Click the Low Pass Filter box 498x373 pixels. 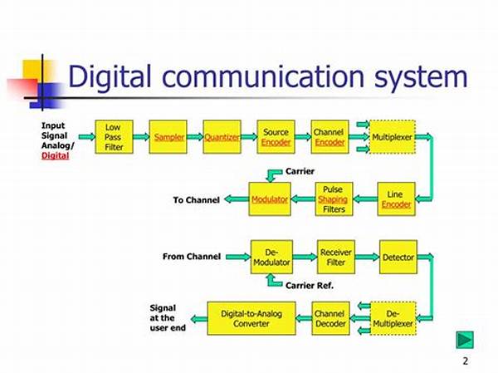[x=114, y=137]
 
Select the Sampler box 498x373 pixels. [x=168, y=137]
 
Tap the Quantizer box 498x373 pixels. [x=222, y=137]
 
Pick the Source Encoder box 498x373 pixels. [x=276, y=137]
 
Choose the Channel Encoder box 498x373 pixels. [x=330, y=137]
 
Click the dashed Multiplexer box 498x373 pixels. [x=393, y=137]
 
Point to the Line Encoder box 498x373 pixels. [x=397, y=199]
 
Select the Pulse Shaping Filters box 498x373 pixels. [x=334, y=199]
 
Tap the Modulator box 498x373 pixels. [x=270, y=199]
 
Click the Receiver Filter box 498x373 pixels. [x=336, y=257]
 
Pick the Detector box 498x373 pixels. [x=398, y=257]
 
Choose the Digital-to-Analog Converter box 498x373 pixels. [x=251, y=318]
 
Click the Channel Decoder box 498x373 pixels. [x=330, y=318]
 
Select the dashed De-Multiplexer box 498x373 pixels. [x=393, y=318]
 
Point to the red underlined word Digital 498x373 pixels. [x=56, y=156]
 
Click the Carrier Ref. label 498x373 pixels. [x=310, y=286]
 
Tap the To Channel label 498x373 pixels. [x=196, y=200]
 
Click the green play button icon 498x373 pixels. [x=465, y=340]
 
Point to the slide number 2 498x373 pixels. [x=466, y=361]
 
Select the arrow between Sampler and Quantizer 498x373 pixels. [x=195, y=137]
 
